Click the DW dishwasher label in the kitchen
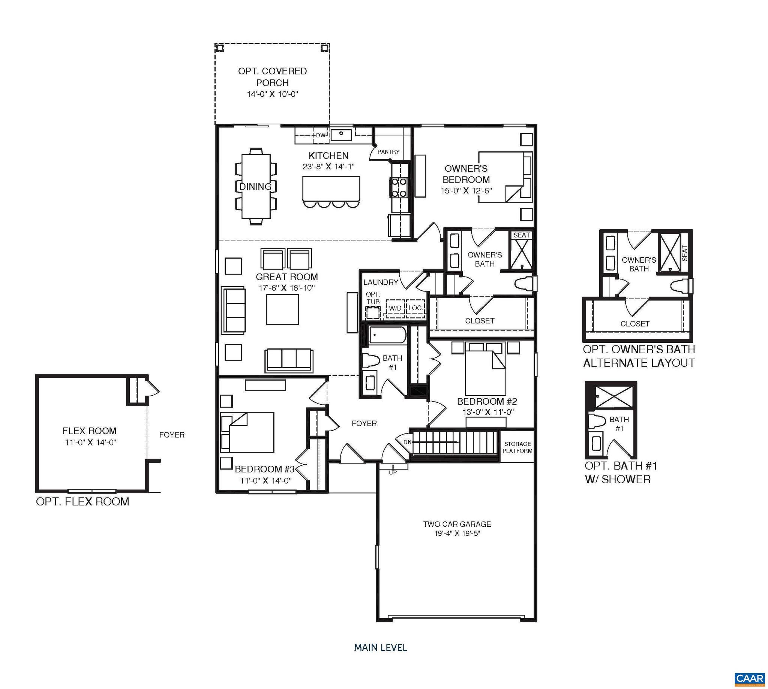[320, 135]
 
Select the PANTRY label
[388, 152]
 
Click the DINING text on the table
[255, 187]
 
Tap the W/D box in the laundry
[395, 308]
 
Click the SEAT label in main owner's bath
[521, 235]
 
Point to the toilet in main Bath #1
[370, 360]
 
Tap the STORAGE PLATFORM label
[517, 447]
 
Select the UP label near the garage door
[393, 472]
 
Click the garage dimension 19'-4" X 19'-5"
[457, 534]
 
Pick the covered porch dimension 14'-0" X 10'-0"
[272, 94]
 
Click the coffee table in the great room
[282, 309]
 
